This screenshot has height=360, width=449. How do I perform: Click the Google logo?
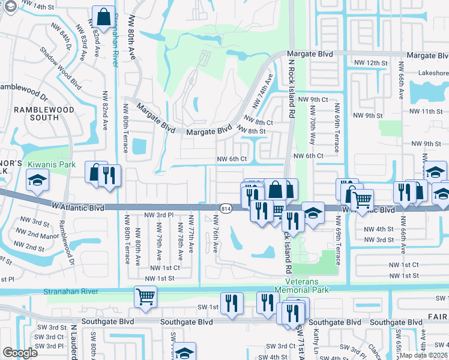coord(20,353)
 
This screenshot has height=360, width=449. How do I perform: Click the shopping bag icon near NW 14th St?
coord(103,16)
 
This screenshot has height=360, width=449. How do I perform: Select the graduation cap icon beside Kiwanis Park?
coord(37,179)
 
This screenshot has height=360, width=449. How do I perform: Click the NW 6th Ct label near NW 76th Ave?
coord(231,158)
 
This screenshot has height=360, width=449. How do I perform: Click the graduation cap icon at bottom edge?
coord(184,352)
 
